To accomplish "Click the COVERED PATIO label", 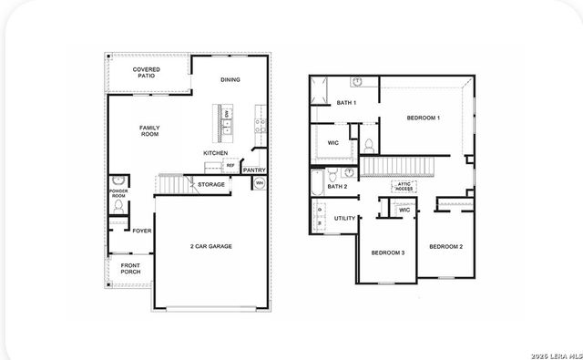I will tap(147, 73).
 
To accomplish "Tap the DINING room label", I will tap(230, 79).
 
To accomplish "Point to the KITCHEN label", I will tap(215, 152).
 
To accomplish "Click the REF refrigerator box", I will tap(230, 166).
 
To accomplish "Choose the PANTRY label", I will tap(255, 170).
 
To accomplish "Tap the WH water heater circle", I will tap(259, 184).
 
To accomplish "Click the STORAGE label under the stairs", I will tap(211, 184).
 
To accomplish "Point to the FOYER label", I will tap(141, 231).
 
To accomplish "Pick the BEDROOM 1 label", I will tap(424, 118).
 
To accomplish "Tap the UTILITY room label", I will tap(344, 219).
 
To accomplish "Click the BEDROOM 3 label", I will tap(388, 252).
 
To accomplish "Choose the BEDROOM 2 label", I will tap(446, 246).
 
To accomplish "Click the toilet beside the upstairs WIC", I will tap(369, 146).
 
